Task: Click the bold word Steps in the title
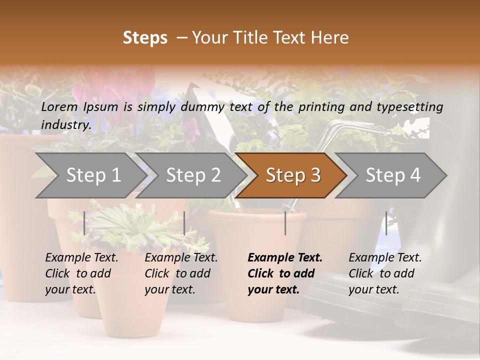(x=145, y=38)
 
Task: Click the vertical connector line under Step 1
(x=84, y=223)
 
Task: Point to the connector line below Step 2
(x=184, y=223)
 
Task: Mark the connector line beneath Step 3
(x=285, y=223)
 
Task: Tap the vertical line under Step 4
(x=386, y=223)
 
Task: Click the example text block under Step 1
(x=81, y=273)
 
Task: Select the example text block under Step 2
(x=181, y=273)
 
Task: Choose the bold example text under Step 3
(x=284, y=273)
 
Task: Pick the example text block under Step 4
(x=385, y=273)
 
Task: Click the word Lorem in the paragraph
(x=59, y=106)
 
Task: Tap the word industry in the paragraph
(x=65, y=124)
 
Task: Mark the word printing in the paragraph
(x=323, y=107)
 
